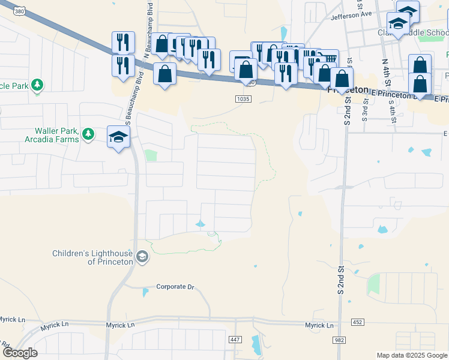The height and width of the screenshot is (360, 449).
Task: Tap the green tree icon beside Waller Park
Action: (x=88, y=133)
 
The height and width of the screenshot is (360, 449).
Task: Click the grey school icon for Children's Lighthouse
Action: (x=142, y=257)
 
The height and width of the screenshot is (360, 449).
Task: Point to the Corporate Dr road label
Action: (x=175, y=287)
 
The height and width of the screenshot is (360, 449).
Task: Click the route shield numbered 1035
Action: (x=243, y=98)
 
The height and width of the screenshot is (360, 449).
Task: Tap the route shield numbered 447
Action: (x=236, y=340)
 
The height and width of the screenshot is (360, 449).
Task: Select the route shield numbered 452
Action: (x=357, y=323)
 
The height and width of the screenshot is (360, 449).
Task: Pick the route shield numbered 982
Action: (x=340, y=340)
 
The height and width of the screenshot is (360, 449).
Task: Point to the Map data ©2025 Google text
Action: (x=411, y=355)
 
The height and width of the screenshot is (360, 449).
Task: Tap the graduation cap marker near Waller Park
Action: (x=119, y=137)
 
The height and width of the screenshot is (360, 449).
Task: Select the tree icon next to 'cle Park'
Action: (x=38, y=85)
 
